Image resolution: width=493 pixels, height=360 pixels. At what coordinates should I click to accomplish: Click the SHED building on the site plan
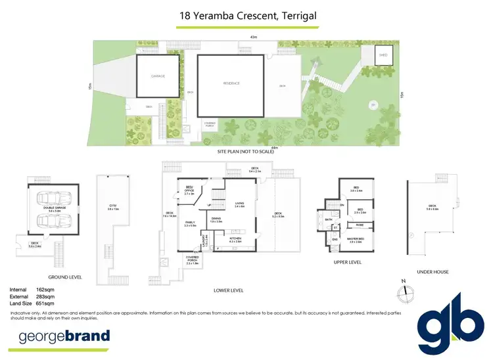point(383,55)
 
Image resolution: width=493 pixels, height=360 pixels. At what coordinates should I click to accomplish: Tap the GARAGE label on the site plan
point(157,76)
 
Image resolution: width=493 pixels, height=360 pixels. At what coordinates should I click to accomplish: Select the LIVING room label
point(239,204)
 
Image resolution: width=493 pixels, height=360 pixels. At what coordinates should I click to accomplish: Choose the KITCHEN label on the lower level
point(235,240)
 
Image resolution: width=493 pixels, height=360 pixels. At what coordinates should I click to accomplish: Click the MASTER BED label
point(357,240)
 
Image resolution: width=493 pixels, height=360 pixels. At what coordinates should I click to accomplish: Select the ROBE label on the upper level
point(359,225)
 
